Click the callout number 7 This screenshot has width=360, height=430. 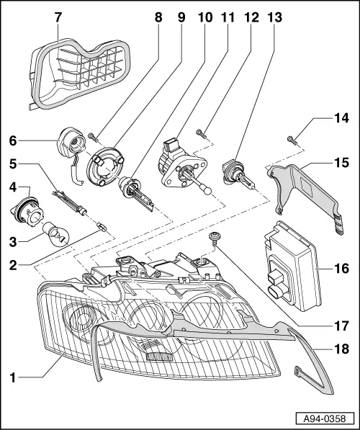point(58,17)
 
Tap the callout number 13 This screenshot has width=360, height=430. point(275,17)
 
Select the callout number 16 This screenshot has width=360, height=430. point(341,269)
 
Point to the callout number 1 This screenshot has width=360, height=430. point(13,377)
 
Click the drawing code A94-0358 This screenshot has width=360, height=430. point(325,418)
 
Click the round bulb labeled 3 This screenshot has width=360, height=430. point(56,235)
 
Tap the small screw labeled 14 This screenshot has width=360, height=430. point(292,140)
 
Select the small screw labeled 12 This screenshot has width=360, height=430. point(200,133)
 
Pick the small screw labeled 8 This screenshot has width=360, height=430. point(92,137)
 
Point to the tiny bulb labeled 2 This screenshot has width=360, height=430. point(102,228)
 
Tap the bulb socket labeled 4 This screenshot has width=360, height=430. point(27,212)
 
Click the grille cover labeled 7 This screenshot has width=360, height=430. point(79,74)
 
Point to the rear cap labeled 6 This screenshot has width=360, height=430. point(72,150)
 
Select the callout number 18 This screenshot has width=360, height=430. point(341,349)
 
